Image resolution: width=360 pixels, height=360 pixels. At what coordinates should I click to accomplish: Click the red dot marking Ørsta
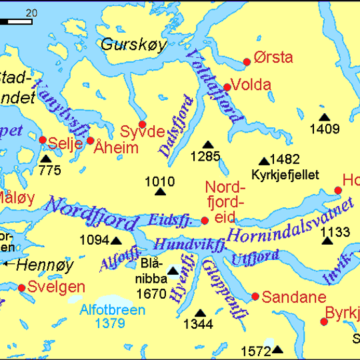click(x=247, y=62)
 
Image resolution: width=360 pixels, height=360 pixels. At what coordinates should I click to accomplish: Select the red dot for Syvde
click(x=142, y=124)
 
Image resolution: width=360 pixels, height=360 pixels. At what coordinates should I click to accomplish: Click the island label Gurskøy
click(x=133, y=45)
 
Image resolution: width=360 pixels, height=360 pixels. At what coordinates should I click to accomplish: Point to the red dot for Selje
click(x=43, y=140)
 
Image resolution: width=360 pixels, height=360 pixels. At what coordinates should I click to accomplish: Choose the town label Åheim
click(x=117, y=147)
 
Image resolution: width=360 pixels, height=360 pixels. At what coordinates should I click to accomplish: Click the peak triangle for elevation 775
click(x=45, y=159)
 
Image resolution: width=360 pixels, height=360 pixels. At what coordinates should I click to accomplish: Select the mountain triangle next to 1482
click(x=263, y=161)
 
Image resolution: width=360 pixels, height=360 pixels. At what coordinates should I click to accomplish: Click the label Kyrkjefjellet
click(x=285, y=175)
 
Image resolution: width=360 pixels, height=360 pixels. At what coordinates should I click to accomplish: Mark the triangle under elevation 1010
click(x=160, y=193)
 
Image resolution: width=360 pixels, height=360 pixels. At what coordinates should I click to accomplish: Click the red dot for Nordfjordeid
click(x=205, y=221)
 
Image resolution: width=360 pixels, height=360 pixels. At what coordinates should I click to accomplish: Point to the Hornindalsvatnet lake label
click(x=289, y=221)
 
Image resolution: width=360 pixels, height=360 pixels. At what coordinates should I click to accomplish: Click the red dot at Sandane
click(x=255, y=297)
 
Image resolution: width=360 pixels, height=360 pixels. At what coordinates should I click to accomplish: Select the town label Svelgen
click(x=57, y=287)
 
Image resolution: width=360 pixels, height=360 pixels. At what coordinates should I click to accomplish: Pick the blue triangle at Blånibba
click(x=173, y=271)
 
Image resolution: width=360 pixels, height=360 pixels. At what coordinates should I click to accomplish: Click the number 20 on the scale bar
click(x=31, y=13)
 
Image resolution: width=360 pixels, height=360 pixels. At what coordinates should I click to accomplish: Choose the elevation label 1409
click(x=325, y=129)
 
